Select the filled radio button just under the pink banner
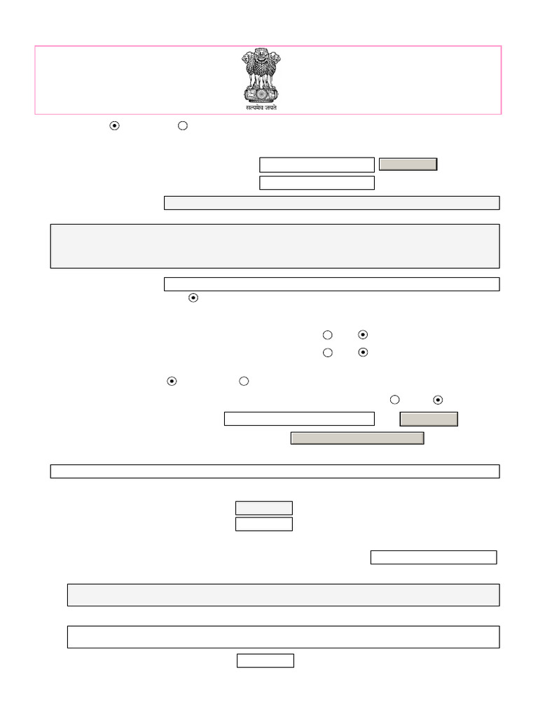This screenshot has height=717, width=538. coord(115,125)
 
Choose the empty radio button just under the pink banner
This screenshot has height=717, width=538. coord(183,125)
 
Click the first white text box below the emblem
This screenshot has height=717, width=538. coord(317,165)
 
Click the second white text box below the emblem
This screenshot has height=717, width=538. coord(317,183)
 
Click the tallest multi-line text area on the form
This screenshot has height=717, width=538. coord(275,246)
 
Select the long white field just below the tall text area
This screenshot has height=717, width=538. coord(331,284)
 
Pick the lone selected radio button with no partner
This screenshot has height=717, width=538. coord(194,298)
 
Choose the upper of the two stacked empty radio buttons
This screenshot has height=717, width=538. coord(327,335)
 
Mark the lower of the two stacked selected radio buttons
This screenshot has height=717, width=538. coord(363,352)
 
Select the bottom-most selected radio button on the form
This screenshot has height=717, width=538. coord(438,400)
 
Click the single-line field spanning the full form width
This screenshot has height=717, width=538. coord(275,471)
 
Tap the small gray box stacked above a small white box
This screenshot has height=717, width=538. coord(263,508)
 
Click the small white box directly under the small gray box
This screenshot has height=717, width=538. coord(263,524)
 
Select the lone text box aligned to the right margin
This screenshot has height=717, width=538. coord(433,557)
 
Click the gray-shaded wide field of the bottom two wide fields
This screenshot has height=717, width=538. coord(283,594)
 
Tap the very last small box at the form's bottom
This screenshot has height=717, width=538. coord(265,660)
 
